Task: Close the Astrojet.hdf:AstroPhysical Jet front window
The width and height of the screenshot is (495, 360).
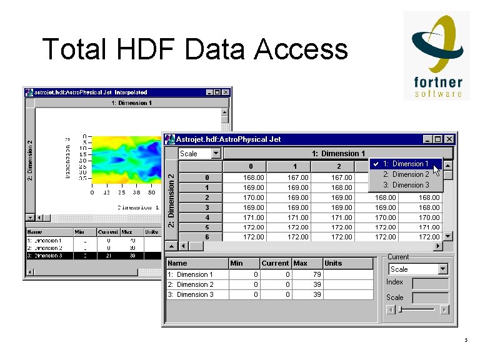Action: pyautogui.click(x=449, y=139)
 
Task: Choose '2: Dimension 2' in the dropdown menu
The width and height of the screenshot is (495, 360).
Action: pyautogui.click(x=406, y=174)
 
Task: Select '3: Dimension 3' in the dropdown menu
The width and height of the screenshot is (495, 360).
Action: pyautogui.click(x=406, y=185)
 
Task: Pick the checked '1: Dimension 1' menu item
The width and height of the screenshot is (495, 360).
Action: pyautogui.click(x=406, y=164)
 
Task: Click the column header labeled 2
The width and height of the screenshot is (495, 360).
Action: pyautogui.click(x=339, y=167)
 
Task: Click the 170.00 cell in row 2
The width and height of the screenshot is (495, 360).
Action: pyautogui.click(x=253, y=197)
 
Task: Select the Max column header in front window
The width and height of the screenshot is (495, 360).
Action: pyautogui.click(x=301, y=263)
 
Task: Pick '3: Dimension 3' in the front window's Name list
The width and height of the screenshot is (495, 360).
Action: pyautogui.click(x=191, y=294)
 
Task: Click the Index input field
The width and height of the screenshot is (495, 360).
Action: pyautogui.click(x=430, y=282)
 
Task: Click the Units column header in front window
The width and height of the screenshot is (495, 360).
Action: pyautogui.click(x=334, y=263)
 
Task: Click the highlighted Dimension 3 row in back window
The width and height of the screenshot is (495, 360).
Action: pyautogui.click(x=87, y=256)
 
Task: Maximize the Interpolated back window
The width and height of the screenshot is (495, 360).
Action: pyautogui.click(x=217, y=92)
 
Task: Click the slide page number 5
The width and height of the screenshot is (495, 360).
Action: pyautogui.click(x=466, y=341)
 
